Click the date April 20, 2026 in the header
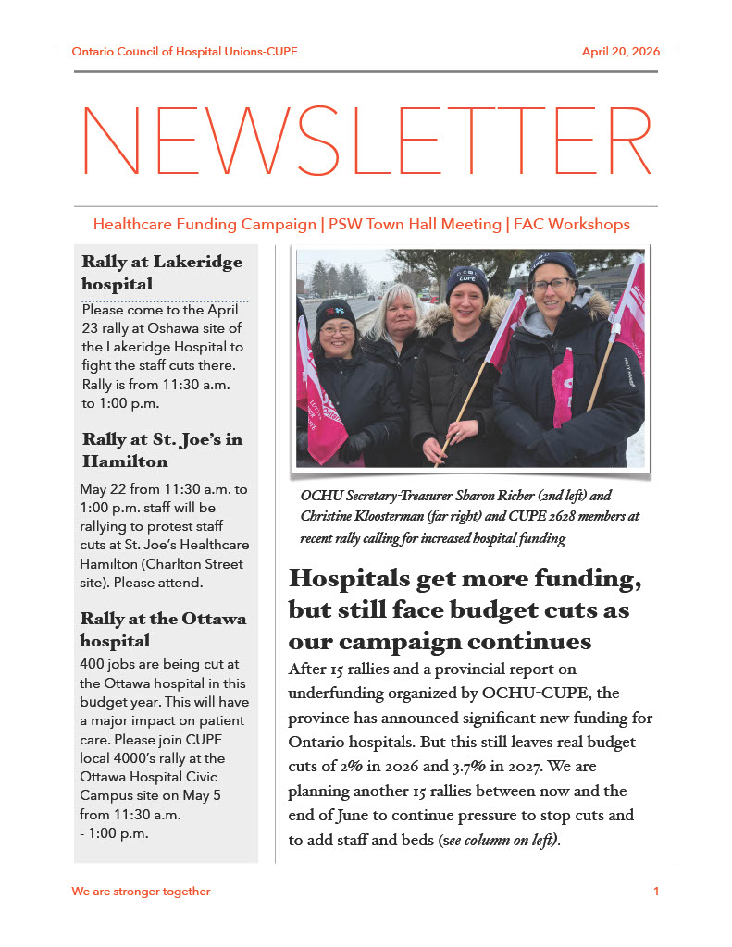[620, 52]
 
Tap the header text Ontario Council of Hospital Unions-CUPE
[184, 52]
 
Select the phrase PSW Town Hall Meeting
[416, 225]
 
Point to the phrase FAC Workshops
[571, 225]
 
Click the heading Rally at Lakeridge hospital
[162, 272]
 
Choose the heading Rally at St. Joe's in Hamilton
[162, 449]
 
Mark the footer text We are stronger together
[141, 892]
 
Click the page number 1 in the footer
[656, 892]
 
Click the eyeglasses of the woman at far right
[552, 286]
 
